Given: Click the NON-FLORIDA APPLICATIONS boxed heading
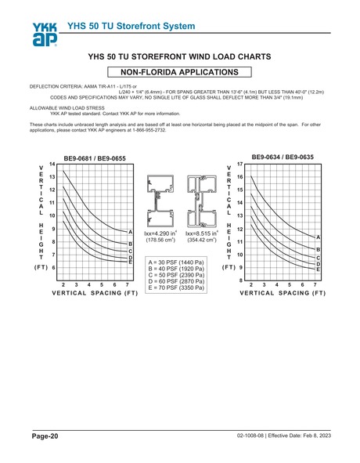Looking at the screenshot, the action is [180, 71].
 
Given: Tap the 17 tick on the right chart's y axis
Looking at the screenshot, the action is [239, 164].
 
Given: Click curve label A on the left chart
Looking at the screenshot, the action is [130, 233].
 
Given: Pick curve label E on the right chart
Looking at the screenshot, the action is [319, 269].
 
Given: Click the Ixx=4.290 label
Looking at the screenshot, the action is [161, 233].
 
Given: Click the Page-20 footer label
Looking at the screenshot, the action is [44, 435].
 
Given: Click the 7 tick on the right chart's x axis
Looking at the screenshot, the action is [315, 284].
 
